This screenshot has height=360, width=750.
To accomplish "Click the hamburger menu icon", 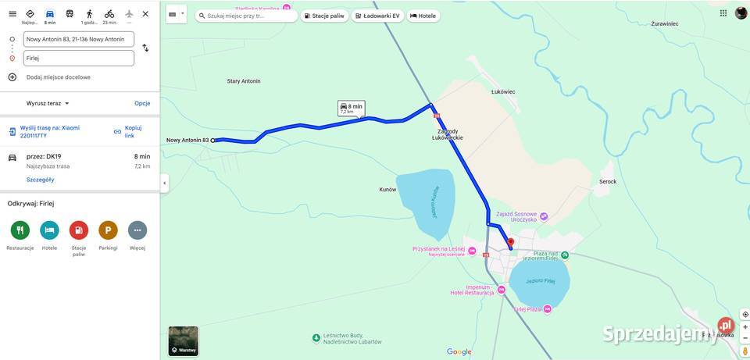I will point(12,13).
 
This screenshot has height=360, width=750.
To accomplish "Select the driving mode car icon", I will point(50,14).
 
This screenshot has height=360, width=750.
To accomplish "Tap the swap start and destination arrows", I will point(145,48).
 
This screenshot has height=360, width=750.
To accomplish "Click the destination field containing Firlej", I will point(78,58).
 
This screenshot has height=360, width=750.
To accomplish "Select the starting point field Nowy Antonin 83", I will point(78,39).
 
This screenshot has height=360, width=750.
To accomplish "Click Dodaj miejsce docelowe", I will point(58,77).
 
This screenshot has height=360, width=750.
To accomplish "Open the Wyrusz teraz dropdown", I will point(48,103).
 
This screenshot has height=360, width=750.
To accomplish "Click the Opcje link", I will point(142,103).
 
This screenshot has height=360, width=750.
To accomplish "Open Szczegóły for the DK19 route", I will point(40,180).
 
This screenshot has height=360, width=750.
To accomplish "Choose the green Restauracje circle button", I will point(20,230).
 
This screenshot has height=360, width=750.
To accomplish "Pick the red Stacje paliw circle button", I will point(79,230).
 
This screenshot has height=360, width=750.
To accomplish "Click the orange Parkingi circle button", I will point(108,230).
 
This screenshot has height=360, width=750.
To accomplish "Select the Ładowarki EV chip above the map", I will point(377,16).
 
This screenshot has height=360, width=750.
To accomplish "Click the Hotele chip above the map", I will point(423,16).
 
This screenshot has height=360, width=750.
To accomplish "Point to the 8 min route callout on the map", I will point(351,109).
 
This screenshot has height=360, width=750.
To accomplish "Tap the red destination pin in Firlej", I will point(511,242).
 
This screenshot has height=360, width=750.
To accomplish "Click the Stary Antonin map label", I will point(244,81).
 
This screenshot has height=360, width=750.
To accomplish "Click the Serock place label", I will point(608,182).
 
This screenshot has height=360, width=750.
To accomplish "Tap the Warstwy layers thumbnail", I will point(184,341).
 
